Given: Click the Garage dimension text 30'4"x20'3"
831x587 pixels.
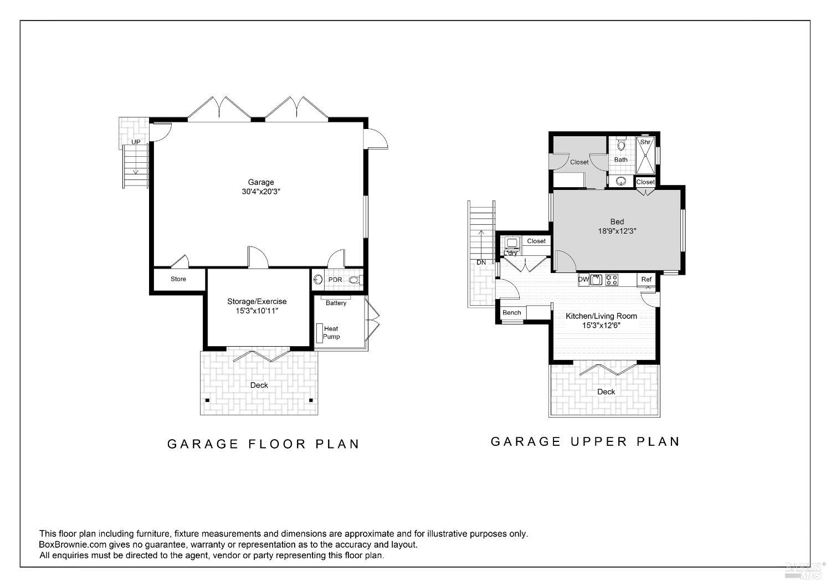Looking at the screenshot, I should click(x=260, y=192).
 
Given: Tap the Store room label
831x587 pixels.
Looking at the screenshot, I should click(x=178, y=279).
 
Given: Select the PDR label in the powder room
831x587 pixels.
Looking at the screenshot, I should click(x=335, y=280).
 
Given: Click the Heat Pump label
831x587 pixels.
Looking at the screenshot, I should click(x=331, y=333).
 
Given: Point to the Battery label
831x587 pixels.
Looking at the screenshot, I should click(x=336, y=303).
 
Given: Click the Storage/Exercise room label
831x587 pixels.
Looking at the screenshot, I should click(x=257, y=302).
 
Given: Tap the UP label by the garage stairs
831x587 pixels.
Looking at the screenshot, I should click(x=136, y=142).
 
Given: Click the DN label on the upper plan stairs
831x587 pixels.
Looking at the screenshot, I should click(x=481, y=262).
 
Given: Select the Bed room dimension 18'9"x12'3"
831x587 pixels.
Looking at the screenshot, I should click(x=617, y=231).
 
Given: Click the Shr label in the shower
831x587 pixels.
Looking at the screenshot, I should click(x=645, y=142).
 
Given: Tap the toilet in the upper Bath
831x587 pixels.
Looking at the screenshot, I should click(x=621, y=145).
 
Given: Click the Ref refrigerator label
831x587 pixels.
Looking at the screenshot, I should click(x=646, y=280).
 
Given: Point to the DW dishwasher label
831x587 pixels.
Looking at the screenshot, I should click(x=583, y=280).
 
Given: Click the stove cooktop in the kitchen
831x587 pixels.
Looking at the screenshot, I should click(x=612, y=280).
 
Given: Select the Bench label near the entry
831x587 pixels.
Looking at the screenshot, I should click(x=511, y=313).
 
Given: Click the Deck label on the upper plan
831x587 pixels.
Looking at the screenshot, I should click(x=606, y=392).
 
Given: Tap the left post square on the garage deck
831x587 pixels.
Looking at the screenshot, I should click(x=208, y=400).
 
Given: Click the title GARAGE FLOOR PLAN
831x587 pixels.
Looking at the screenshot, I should click(x=264, y=444).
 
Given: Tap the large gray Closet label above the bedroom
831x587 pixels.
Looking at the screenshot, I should click(x=579, y=162).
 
